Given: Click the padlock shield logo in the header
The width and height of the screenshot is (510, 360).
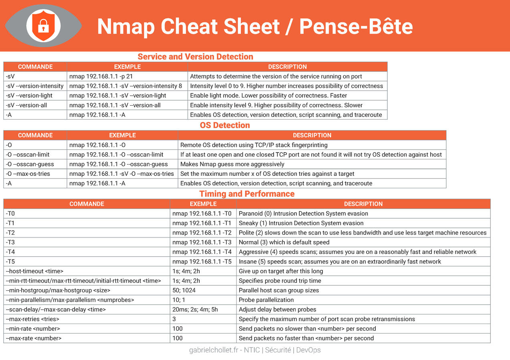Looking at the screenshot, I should click(43, 26).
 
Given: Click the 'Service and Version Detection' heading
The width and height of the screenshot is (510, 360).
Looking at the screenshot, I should click(195, 57).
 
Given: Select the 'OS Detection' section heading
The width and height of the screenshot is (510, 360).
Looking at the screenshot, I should click(225, 125).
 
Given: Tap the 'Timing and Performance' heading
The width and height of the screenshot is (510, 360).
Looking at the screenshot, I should click(247, 194).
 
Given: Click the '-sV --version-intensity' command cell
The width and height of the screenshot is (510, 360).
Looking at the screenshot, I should click(35, 86).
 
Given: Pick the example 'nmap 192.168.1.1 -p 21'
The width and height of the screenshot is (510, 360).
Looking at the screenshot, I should click(101, 76).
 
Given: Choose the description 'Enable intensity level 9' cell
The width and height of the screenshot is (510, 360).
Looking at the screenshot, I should click(276, 105).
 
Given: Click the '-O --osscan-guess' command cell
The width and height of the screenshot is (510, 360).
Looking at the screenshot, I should click(30, 164).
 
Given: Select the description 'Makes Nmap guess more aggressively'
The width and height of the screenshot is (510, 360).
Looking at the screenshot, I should click(232, 164).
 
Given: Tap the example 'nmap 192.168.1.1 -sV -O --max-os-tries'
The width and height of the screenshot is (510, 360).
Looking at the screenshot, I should click(121, 174).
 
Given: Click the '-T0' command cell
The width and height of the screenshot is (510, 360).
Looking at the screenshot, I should click(10, 213).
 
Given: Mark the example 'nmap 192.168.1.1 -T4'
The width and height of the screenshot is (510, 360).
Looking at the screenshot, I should click(202, 252).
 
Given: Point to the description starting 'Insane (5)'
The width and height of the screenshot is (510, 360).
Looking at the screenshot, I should click(340, 261).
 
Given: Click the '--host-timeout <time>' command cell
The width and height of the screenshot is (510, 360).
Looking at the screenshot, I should click(34, 271).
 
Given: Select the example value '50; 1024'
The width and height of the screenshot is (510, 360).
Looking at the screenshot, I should click(184, 290).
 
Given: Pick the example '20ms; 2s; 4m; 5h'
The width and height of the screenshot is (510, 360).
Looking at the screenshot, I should click(195, 310).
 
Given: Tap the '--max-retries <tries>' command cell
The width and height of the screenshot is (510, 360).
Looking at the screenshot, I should click(32, 319).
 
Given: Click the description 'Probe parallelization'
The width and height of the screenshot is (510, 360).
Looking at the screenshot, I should click(266, 300).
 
